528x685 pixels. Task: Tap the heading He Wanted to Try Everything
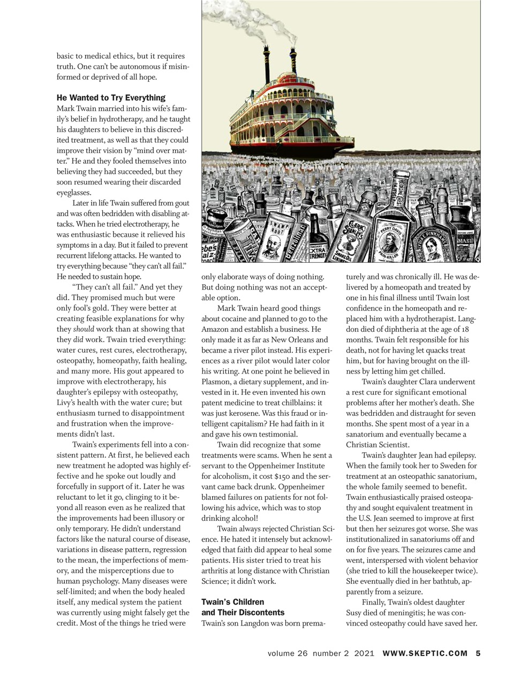(x=111, y=98)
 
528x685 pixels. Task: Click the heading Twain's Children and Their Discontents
(x=243, y=607)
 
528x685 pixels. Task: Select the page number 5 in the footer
(x=478, y=653)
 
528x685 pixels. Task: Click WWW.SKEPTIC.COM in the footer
(x=425, y=653)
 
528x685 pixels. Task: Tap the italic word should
(x=83, y=329)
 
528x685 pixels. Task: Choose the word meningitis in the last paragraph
(x=409, y=613)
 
